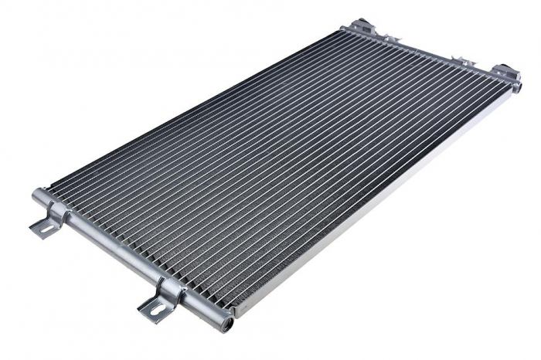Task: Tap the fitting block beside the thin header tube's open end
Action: [506, 73]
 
